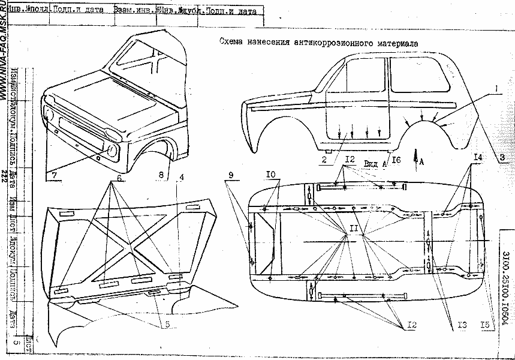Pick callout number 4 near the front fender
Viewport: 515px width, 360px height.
(182, 178)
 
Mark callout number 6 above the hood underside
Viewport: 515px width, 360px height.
(120, 178)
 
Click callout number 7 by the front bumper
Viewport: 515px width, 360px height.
(54, 175)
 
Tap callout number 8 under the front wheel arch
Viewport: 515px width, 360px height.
(161, 175)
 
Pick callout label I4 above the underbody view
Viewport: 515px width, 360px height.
(477, 157)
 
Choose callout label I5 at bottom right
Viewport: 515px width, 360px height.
(488, 325)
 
